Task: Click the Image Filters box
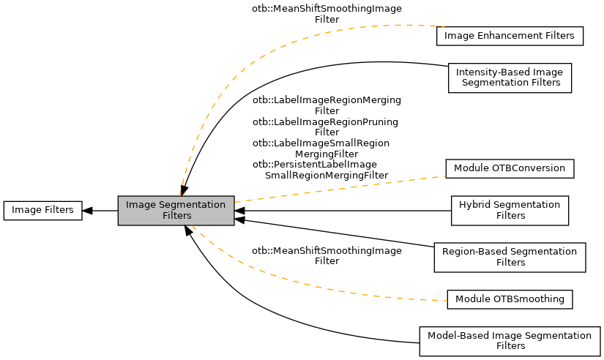pyautogui.click(x=42, y=210)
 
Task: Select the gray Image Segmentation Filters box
pyautogui.click(x=176, y=210)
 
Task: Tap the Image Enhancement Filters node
pyautogui.click(x=509, y=36)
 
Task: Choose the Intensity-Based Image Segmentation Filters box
pyautogui.click(x=509, y=78)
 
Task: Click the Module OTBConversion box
pyautogui.click(x=509, y=168)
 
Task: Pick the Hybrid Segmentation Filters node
pyautogui.click(x=509, y=210)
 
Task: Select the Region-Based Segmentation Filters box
pyautogui.click(x=509, y=257)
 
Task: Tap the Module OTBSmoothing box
pyautogui.click(x=509, y=299)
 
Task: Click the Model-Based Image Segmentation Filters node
pyautogui.click(x=509, y=340)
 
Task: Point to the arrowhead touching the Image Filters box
pyautogui.click(x=87, y=211)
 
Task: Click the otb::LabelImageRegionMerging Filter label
pyautogui.click(x=327, y=105)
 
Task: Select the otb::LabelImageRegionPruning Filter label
pyautogui.click(x=326, y=127)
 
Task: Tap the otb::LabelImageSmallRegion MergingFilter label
pyautogui.click(x=321, y=148)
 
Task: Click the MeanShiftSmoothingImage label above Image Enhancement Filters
pyautogui.click(x=327, y=14)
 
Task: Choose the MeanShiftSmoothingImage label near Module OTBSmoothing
pyautogui.click(x=327, y=255)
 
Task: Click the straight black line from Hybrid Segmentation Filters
pyautogui.click(x=344, y=211)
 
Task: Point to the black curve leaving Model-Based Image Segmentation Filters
pyautogui.click(x=293, y=331)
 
